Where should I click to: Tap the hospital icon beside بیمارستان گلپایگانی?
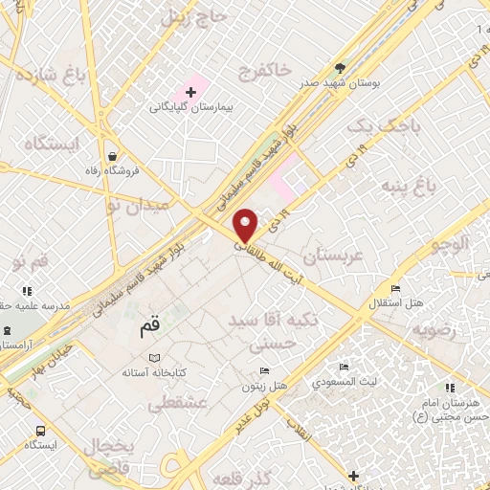[190, 93]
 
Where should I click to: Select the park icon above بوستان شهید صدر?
[341, 68]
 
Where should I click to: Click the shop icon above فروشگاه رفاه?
[113, 156]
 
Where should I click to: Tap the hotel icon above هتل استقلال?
[394, 288]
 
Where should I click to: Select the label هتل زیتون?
[263, 385]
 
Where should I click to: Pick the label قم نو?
[31, 260]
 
